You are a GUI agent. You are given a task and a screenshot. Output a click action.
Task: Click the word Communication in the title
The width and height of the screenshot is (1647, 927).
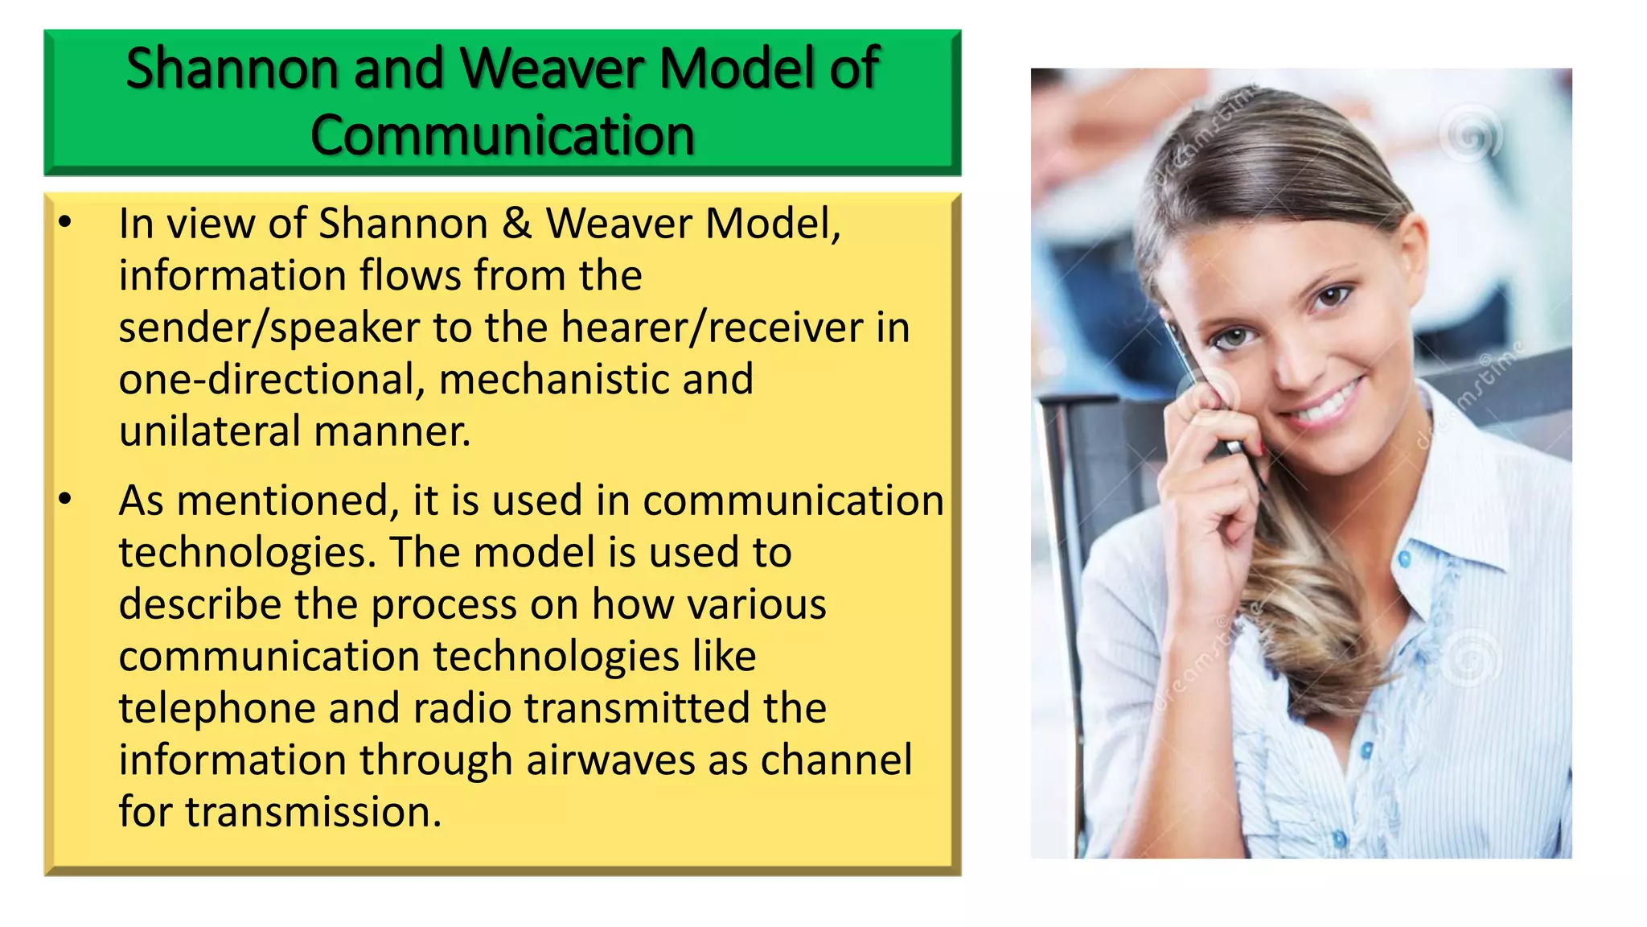(502, 134)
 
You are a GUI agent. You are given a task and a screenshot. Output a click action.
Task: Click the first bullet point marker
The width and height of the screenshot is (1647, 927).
(65, 221)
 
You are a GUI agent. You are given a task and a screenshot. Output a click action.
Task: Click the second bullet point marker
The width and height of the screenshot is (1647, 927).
(65, 499)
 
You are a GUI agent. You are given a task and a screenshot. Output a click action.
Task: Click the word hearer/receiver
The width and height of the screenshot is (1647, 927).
(712, 328)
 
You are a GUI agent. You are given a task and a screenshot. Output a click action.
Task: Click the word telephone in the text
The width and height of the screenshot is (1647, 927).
(216, 708)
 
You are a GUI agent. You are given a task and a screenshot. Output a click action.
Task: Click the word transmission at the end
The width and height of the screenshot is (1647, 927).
(313, 811)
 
